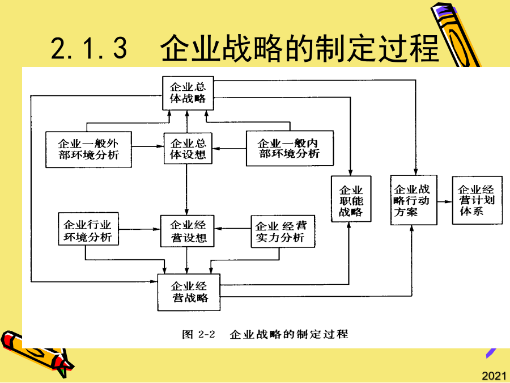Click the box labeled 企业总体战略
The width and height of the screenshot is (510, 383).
coord(188,93)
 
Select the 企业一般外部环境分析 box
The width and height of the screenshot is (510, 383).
coord(88,149)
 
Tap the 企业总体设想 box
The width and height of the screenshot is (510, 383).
coord(188,148)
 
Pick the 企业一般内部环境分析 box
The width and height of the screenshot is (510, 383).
coord(290,148)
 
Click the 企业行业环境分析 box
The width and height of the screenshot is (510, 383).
coord(88,229)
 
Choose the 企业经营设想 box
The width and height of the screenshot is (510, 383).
coord(188,231)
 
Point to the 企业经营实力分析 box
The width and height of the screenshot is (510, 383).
coord(283,232)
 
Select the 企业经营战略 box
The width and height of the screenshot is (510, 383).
coord(189,292)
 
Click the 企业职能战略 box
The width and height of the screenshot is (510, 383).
coord(351,199)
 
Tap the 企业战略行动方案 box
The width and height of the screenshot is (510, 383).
coord(414,200)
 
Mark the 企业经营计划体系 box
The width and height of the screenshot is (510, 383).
coord(477,200)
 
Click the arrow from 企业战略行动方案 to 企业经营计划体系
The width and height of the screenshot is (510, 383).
coord(445,201)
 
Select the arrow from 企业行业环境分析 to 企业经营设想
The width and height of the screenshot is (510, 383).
coord(139,229)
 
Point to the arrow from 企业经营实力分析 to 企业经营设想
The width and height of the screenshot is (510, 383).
coord(232,229)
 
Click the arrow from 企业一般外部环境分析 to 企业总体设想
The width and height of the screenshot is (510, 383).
coord(148,146)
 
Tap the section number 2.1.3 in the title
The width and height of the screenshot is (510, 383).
coord(89,48)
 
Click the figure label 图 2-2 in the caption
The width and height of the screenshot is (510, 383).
coord(198,334)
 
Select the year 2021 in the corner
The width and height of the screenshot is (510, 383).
coord(494,376)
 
